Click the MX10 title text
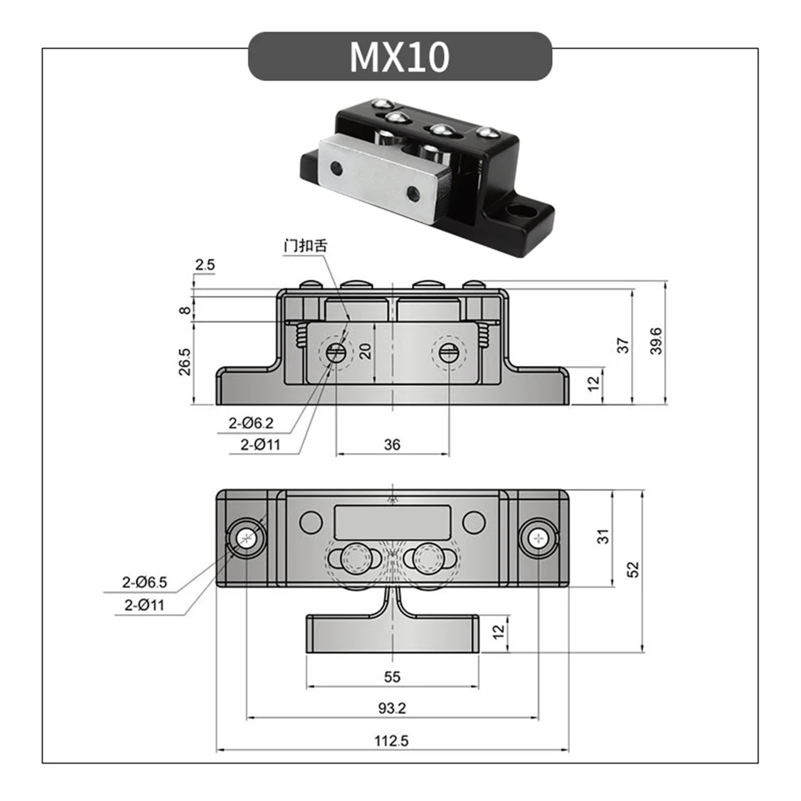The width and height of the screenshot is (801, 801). click(x=399, y=57)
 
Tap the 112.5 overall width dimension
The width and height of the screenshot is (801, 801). click(x=391, y=740)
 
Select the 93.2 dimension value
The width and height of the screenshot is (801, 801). click(x=391, y=708)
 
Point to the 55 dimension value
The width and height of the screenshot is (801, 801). click(x=392, y=677)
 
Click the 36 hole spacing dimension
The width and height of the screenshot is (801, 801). click(x=392, y=445)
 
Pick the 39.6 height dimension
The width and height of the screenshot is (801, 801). click(x=656, y=341)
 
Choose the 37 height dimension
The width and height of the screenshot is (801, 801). click(x=623, y=345)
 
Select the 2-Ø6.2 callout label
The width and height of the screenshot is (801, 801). click(x=251, y=424)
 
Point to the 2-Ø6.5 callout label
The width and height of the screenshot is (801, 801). click(x=144, y=582)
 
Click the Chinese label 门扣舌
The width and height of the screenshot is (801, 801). click(x=305, y=246)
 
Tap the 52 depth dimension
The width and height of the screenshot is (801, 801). click(x=633, y=570)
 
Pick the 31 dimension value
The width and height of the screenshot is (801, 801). click(x=604, y=536)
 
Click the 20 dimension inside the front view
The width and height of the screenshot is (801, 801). click(x=366, y=351)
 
